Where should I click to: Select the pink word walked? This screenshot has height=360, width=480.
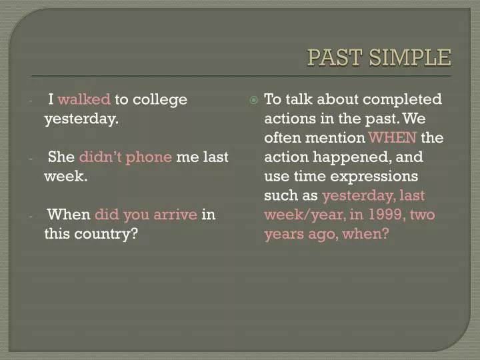(x=84, y=100)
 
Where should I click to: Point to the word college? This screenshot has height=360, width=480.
(x=160, y=100)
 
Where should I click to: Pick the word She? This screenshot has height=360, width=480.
(x=61, y=157)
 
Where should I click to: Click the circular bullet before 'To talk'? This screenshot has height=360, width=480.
(x=253, y=100)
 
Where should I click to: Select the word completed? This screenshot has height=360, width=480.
(x=403, y=100)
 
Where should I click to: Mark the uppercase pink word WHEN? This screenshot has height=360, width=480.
(x=393, y=138)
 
